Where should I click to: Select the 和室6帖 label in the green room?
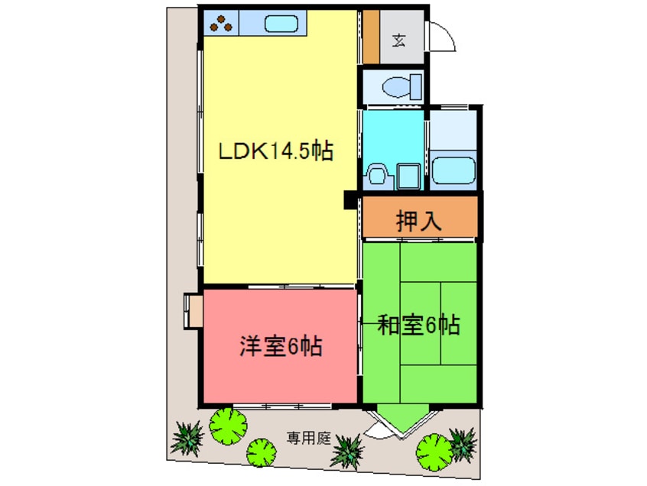419,326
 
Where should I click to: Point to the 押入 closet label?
419,221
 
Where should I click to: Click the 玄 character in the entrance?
399,40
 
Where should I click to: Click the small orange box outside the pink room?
192,310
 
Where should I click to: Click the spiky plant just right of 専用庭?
348,449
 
